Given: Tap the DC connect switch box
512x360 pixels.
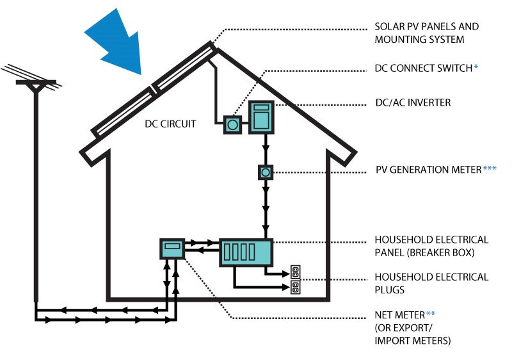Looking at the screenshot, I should (232, 124).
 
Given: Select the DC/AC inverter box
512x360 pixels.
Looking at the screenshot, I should (261, 118).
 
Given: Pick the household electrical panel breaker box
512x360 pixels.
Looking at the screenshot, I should (246, 252).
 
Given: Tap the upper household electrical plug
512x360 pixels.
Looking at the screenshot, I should (295, 271).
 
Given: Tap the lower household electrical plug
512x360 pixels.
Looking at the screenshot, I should (295, 288).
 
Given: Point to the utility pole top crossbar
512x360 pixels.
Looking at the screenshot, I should (35, 83).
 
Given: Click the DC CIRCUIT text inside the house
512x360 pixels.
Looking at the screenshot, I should (170, 122).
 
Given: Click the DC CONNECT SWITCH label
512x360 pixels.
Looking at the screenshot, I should (423, 67).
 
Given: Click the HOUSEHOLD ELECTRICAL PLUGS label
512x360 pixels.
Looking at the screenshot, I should (431, 283).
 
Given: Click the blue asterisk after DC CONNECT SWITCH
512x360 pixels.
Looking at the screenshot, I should (476, 67).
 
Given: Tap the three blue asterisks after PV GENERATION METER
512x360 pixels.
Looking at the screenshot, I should (490, 169).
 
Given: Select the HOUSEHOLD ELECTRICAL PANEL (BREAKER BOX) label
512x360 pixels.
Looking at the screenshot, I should (431, 246).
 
